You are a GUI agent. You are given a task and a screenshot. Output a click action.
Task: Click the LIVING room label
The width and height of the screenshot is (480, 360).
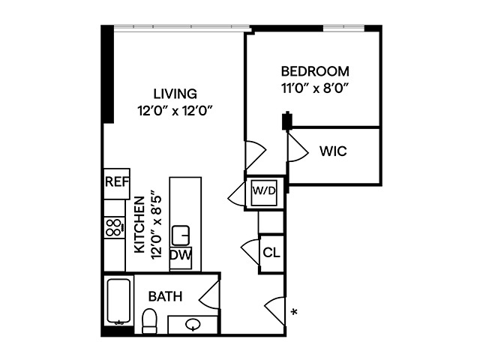click(175, 94)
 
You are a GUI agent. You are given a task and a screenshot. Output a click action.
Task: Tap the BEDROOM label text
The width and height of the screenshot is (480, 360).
click(315, 72)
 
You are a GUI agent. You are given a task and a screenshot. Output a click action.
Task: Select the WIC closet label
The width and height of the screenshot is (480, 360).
click(332, 151)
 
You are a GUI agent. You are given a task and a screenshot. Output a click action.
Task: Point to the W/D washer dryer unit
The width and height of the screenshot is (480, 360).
click(264, 191)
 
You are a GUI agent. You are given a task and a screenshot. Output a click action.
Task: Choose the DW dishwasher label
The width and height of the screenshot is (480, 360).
click(180, 256)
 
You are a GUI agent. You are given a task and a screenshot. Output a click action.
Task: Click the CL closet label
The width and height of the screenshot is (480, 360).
click(271, 252)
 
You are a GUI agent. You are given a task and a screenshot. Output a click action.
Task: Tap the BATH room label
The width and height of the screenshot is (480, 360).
click(165, 296)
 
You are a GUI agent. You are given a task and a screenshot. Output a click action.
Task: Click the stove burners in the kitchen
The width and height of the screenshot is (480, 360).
click(114, 227)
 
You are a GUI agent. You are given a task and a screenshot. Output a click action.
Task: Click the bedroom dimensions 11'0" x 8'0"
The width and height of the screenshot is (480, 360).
click(315, 88)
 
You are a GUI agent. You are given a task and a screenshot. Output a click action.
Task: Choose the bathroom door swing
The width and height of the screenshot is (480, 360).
click(210, 292)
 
